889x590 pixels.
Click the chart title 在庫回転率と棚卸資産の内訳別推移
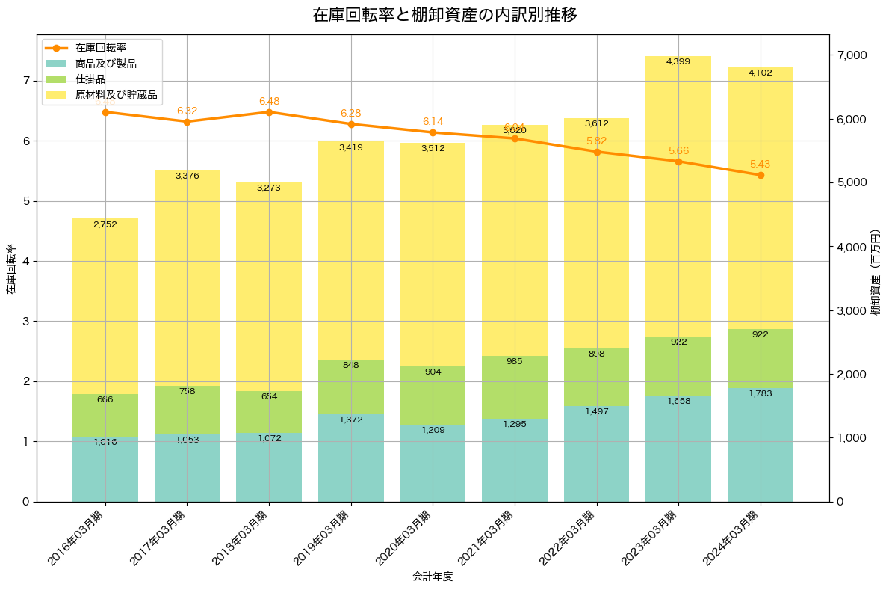pos(444,15)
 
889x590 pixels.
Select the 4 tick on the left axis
pos(26,261)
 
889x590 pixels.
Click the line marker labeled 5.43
pos(761,175)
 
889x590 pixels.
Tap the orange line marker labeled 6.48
pos(269,112)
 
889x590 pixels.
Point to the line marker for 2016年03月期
pos(105,112)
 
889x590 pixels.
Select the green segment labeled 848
pos(351,387)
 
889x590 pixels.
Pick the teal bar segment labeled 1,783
pos(761,445)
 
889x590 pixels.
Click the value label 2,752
pos(105,224)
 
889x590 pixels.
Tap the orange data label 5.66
pos(678,150)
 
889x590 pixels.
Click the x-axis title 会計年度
pos(433,577)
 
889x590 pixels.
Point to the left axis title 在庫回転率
pos(10,268)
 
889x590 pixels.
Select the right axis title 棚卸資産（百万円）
pos(876,268)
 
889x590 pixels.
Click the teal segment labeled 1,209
pos(433,463)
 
